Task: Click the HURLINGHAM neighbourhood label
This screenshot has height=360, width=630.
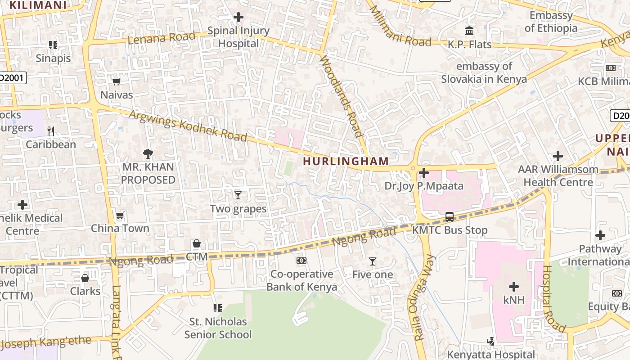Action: [x=346, y=161]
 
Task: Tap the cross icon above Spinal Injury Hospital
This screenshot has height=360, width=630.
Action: [x=238, y=18]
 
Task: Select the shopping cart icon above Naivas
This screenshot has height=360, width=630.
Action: [x=117, y=81]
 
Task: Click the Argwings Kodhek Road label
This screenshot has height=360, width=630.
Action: [x=188, y=125]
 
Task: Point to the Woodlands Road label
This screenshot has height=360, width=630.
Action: [x=341, y=96]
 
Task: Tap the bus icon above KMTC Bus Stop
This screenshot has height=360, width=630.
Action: [x=449, y=217]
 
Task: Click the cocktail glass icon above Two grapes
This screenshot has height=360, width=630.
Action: [x=238, y=195]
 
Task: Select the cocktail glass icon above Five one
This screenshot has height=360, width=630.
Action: [x=372, y=261]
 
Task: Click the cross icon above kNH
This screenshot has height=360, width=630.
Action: [x=514, y=287]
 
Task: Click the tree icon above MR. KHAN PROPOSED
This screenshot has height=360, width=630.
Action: [x=148, y=154]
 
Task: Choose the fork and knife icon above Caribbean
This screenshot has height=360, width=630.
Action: [x=51, y=131]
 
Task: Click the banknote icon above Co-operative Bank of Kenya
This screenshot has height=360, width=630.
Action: [x=301, y=261]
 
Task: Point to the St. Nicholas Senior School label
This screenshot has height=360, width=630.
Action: [x=218, y=328]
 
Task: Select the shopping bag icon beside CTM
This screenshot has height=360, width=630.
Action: [x=197, y=244]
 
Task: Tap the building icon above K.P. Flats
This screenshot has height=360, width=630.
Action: [x=469, y=31]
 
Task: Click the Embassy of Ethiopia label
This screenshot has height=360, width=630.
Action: [x=551, y=22]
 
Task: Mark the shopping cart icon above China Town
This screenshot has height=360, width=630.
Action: [x=120, y=216]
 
